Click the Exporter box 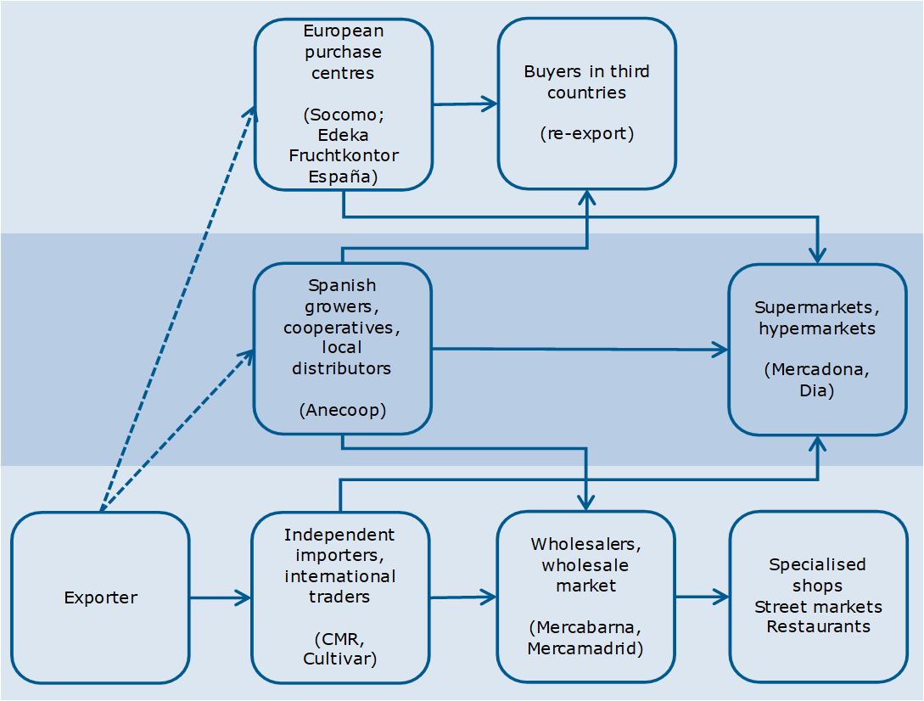click(x=100, y=597)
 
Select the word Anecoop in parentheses click(x=343, y=410)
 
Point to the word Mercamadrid click(x=585, y=648)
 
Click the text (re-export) click(x=586, y=133)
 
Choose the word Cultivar click(x=341, y=657)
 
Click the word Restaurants click(x=818, y=626)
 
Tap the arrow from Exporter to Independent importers click(x=220, y=597)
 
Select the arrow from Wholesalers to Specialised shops click(x=703, y=597)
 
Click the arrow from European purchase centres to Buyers click(x=465, y=104)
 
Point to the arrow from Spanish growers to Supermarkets click(x=580, y=349)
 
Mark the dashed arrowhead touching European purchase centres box click(x=251, y=113)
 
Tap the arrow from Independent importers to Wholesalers click(x=462, y=597)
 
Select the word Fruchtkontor click(x=344, y=155)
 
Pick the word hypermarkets click(x=817, y=328)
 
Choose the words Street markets click(x=818, y=606)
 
